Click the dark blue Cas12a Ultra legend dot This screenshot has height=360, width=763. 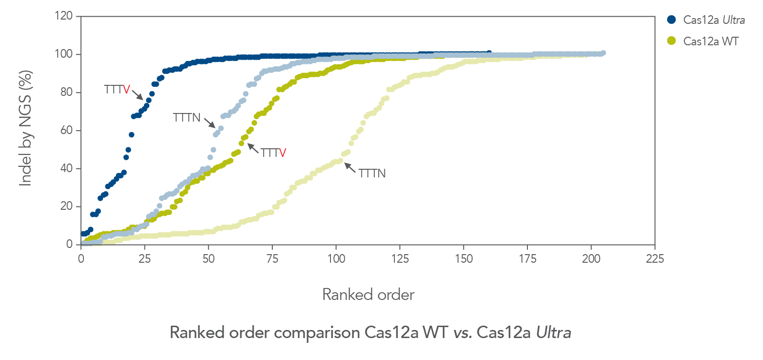(x=671, y=20)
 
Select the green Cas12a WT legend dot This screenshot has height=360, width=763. (x=671, y=41)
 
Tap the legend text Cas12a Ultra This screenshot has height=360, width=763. (x=714, y=20)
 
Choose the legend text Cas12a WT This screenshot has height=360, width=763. (x=711, y=41)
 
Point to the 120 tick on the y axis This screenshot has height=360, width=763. (x=63, y=16)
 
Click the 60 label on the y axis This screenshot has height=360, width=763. (x=66, y=130)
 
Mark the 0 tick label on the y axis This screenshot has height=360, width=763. (x=70, y=244)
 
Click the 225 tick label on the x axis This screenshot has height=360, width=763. (x=655, y=259)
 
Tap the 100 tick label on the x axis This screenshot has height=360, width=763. (x=336, y=259)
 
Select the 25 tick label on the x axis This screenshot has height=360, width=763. (x=144, y=259)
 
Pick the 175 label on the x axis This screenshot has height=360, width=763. (x=527, y=259)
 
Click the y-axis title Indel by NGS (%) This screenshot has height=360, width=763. (x=26, y=128)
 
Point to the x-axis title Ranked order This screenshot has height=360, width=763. (x=368, y=295)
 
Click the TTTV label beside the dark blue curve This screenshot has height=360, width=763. (x=117, y=90)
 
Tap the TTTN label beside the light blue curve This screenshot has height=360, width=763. (x=186, y=117)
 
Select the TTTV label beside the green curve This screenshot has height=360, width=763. (x=273, y=153)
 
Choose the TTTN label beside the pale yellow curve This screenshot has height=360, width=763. (x=372, y=174)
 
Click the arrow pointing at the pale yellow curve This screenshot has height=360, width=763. (x=350, y=167)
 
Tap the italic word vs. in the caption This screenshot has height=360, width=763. (x=462, y=332)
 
